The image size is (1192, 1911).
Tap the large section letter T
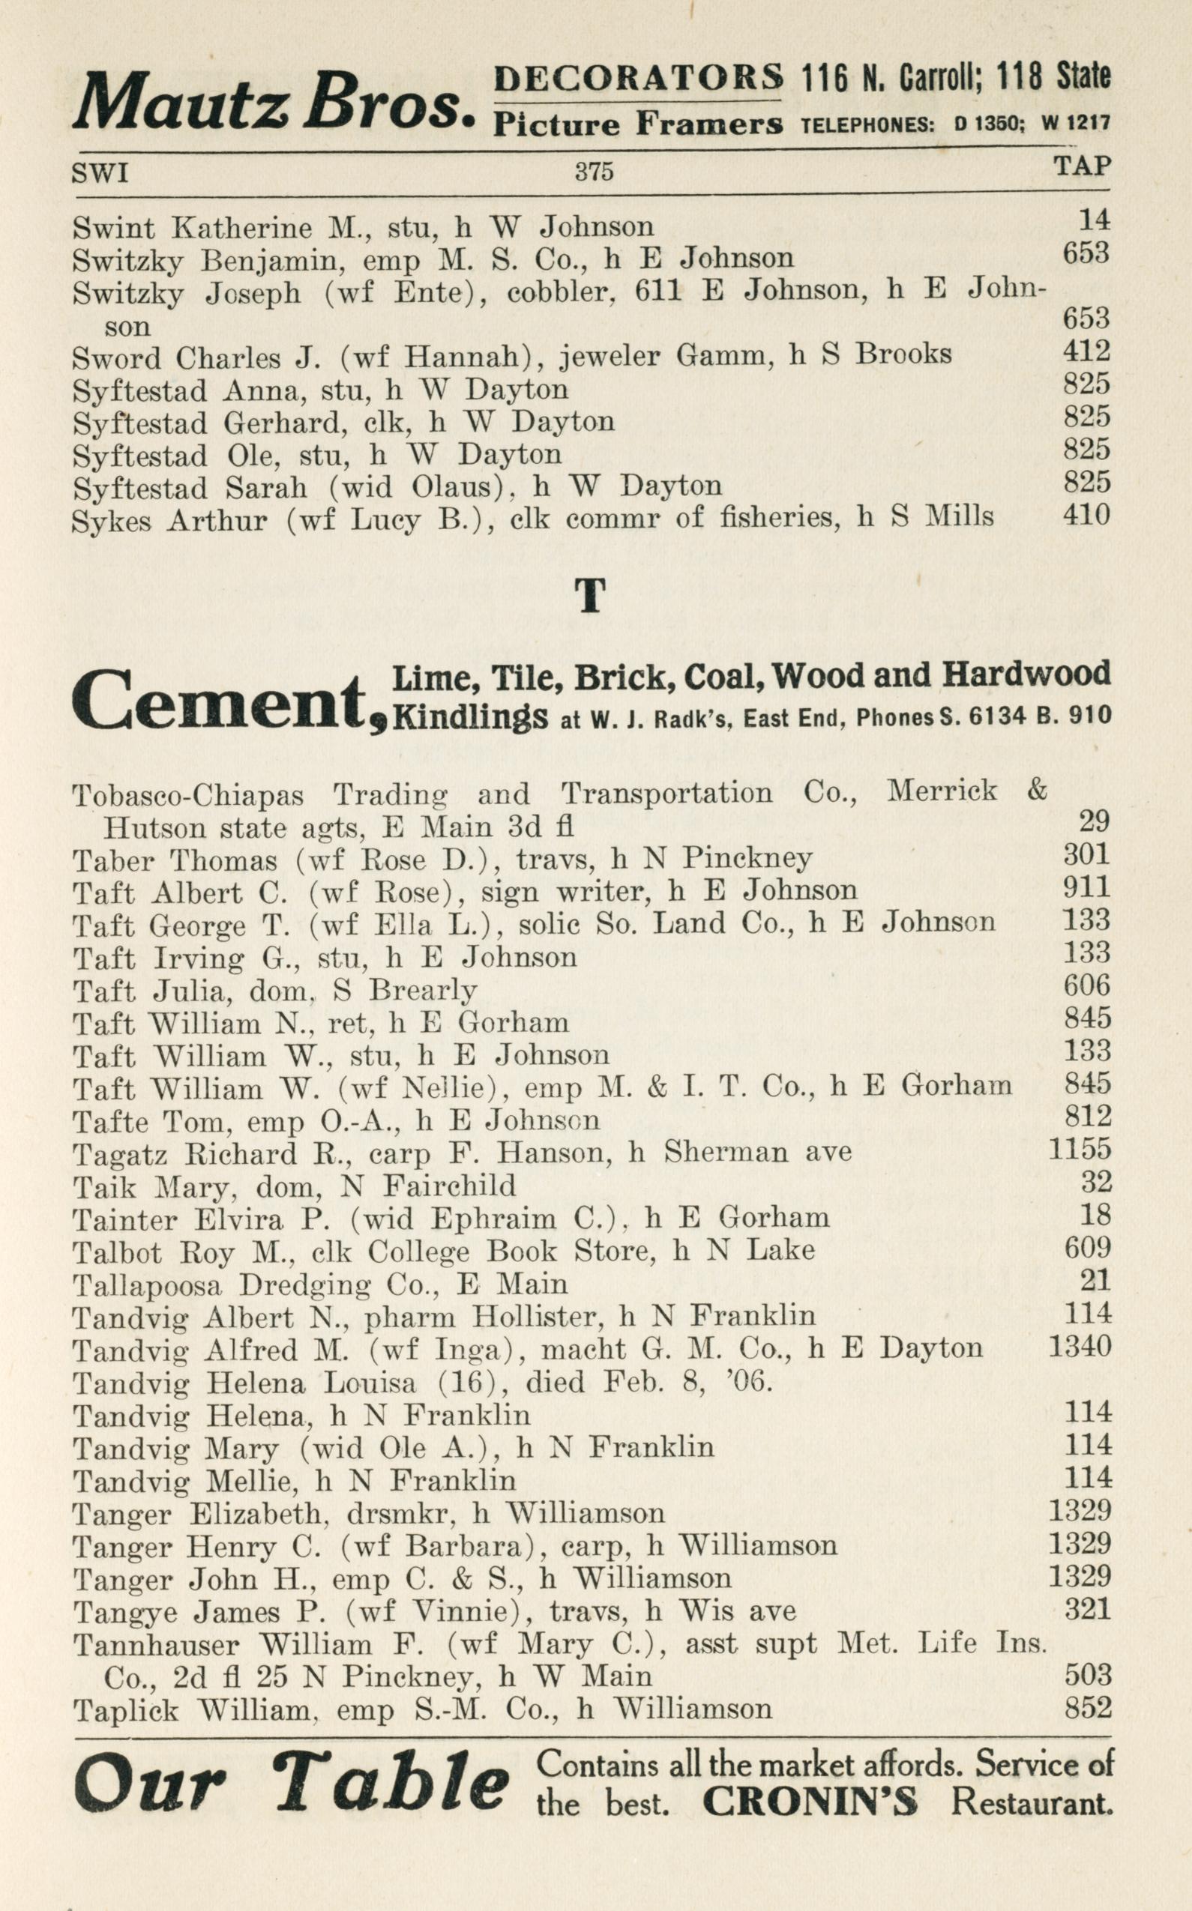[591, 595]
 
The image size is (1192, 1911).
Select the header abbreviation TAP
[1082, 166]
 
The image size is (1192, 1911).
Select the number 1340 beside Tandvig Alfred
[1080, 1346]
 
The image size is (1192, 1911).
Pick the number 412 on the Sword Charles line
[1086, 351]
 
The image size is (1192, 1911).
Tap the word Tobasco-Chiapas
[187, 794]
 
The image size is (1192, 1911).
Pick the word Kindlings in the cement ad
[470, 717]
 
